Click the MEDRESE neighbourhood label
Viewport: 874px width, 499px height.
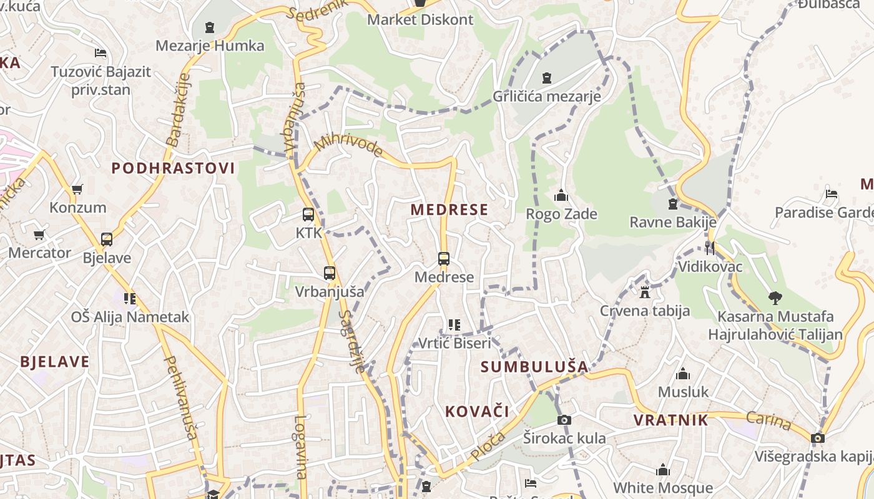coord(449,210)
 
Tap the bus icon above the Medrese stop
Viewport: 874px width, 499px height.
coord(444,258)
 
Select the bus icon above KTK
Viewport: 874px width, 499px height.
coord(308,215)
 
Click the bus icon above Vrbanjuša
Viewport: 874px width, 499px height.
coord(330,273)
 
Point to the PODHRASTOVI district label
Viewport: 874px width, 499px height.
coord(173,168)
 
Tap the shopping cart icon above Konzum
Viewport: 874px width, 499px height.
coord(77,189)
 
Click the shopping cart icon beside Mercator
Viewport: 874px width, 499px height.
coord(39,235)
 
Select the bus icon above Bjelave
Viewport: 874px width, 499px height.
coord(107,240)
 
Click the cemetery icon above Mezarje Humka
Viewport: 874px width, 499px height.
coord(210,27)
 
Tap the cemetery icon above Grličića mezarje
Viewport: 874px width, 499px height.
coord(547,78)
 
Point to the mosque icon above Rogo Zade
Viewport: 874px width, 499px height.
coord(561,195)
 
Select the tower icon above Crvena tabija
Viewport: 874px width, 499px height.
coord(645,292)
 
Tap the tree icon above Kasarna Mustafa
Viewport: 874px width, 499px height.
coord(775,298)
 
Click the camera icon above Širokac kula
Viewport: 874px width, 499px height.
coord(564,420)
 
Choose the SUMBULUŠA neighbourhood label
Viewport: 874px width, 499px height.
coord(534,367)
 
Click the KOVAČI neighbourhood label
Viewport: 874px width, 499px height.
coord(477,412)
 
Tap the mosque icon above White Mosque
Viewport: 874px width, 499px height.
coord(663,470)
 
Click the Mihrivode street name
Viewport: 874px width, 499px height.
coord(349,145)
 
